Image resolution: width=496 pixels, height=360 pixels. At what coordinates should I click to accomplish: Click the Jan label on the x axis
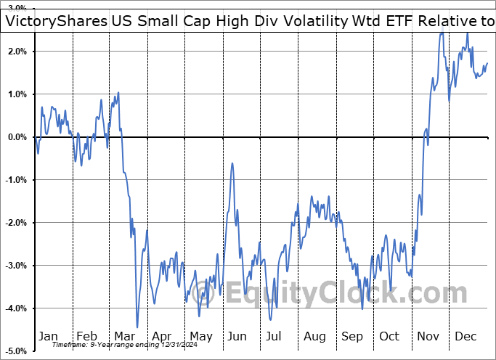pos(47,337)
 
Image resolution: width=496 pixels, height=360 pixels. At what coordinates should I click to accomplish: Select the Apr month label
pos(162,337)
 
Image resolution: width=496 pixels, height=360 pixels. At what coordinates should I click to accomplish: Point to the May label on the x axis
pos(200,337)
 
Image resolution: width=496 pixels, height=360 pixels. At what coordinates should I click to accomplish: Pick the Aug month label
pos(315,337)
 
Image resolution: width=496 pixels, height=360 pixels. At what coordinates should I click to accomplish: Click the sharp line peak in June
pos(232,163)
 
